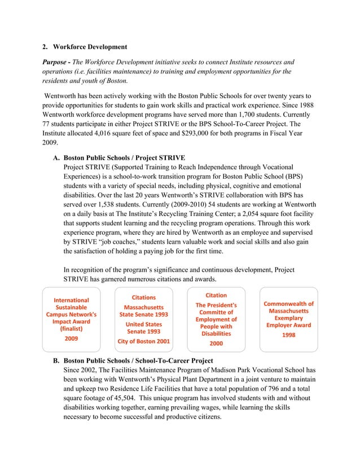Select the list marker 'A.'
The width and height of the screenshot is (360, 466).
(56, 157)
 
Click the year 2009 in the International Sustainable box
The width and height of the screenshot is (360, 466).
(71, 338)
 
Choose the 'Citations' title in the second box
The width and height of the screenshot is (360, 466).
(143, 297)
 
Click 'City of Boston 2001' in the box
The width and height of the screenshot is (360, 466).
(143, 341)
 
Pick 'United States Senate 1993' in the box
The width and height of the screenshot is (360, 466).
(143, 328)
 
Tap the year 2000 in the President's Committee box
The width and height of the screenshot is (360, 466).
(216, 343)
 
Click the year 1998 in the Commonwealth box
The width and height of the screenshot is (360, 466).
(288, 335)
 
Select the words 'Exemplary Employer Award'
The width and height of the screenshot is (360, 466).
(288, 322)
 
